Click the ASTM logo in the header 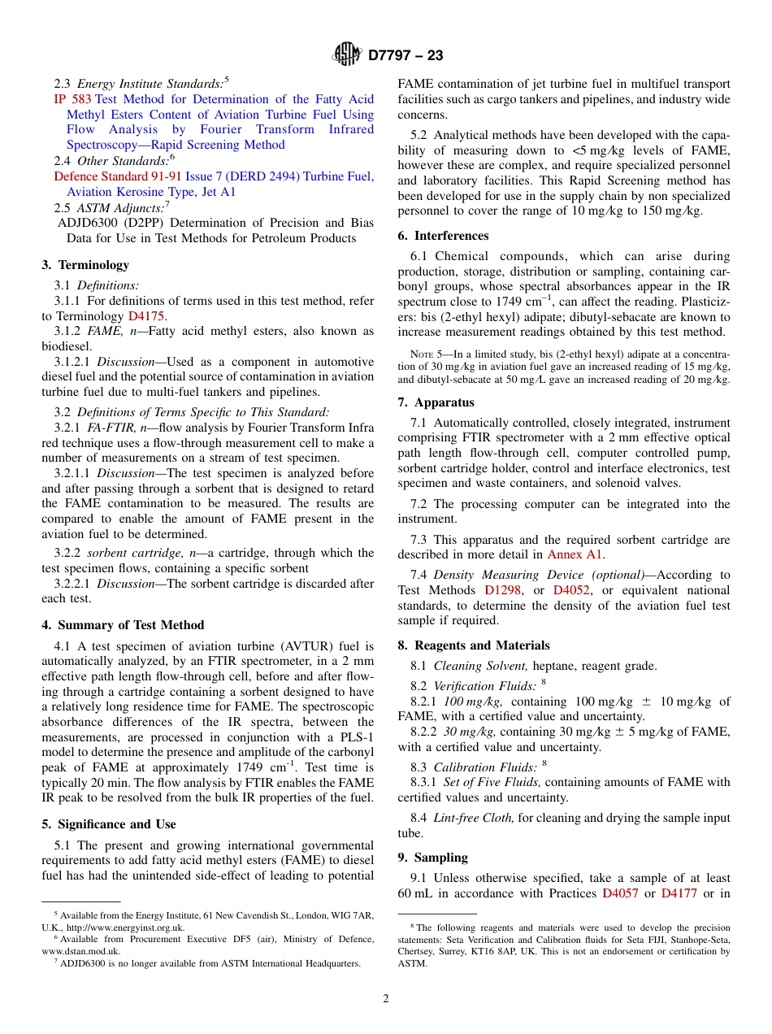tap(347, 55)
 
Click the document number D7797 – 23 tap(406, 56)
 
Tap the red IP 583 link tap(72, 99)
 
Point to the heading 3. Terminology tap(85, 265)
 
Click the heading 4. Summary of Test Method tap(123, 625)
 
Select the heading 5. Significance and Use tap(108, 824)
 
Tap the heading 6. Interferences tap(443, 236)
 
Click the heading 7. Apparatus tap(436, 402)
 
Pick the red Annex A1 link tap(575, 554)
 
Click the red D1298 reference tap(503, 590)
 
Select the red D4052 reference tap(571, 590)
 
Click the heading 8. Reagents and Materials tap(474, 645)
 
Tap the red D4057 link tap(620, 893)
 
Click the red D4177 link tap(679, 893)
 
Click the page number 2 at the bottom tap(386, 999)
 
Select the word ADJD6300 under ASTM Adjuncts tap(85, 223)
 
